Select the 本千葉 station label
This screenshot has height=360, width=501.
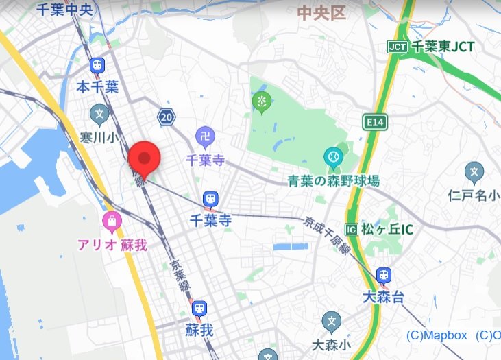pos(97,87)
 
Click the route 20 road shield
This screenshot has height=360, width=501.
pos(165,117)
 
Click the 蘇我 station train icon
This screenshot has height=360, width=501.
pos(199,308)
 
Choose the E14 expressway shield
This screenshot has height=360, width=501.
pos(374,122)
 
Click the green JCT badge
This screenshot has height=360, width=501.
pos(398,47)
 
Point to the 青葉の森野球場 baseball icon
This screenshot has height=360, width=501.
pos(333,157)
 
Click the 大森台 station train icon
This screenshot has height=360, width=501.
pos(384,275)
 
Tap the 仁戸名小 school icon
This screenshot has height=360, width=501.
pos(474,171)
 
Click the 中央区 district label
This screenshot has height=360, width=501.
pos(321,12)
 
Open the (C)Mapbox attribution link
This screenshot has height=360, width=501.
pos(437,335)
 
